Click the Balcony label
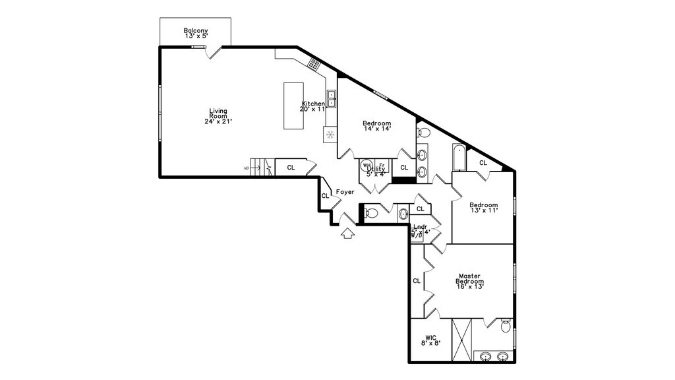[x=195, y=33]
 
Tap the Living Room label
[x=218, y=116]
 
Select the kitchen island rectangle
[x=293, y=106]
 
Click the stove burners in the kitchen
[x=314, y=64]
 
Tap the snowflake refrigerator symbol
[x=330, y=135]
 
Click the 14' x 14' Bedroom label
[x=377, y=126]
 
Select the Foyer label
[x=345, y=192]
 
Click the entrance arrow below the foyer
[x=347, y=234]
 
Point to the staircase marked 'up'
[x=262, y=168]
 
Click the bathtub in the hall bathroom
[x=459, y=158]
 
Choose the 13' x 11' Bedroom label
[x=483, y=208]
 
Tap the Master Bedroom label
[x=469, y=282]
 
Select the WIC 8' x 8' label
[x=430, y=340]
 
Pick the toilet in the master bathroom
[x=506, y=326]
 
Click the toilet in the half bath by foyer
[x=371, y=213]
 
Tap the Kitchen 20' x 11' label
[x=313, y=106]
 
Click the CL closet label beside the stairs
[x=291, y=168]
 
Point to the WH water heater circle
[x=367, y=166]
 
